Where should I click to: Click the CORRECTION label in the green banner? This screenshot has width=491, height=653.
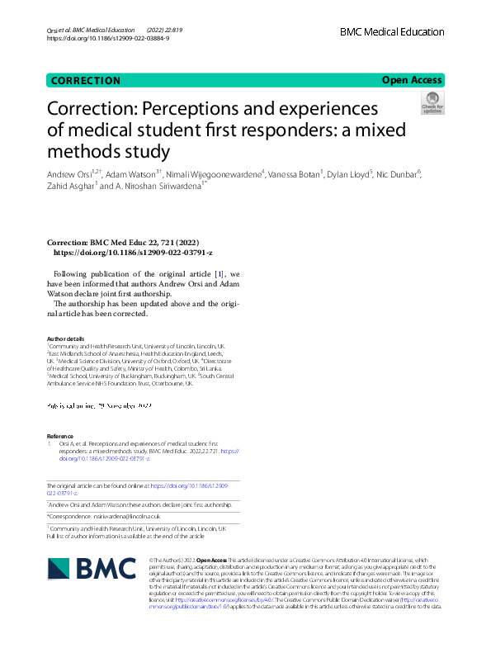point(86,80)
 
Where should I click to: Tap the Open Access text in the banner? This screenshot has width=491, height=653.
point(413,80)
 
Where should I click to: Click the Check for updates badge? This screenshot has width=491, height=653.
point(432,103)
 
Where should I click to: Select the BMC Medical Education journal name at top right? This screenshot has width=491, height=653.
point(391,32)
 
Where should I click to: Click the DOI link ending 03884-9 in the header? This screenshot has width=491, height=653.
point(108,39)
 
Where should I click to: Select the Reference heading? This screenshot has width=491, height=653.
point(60,436)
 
